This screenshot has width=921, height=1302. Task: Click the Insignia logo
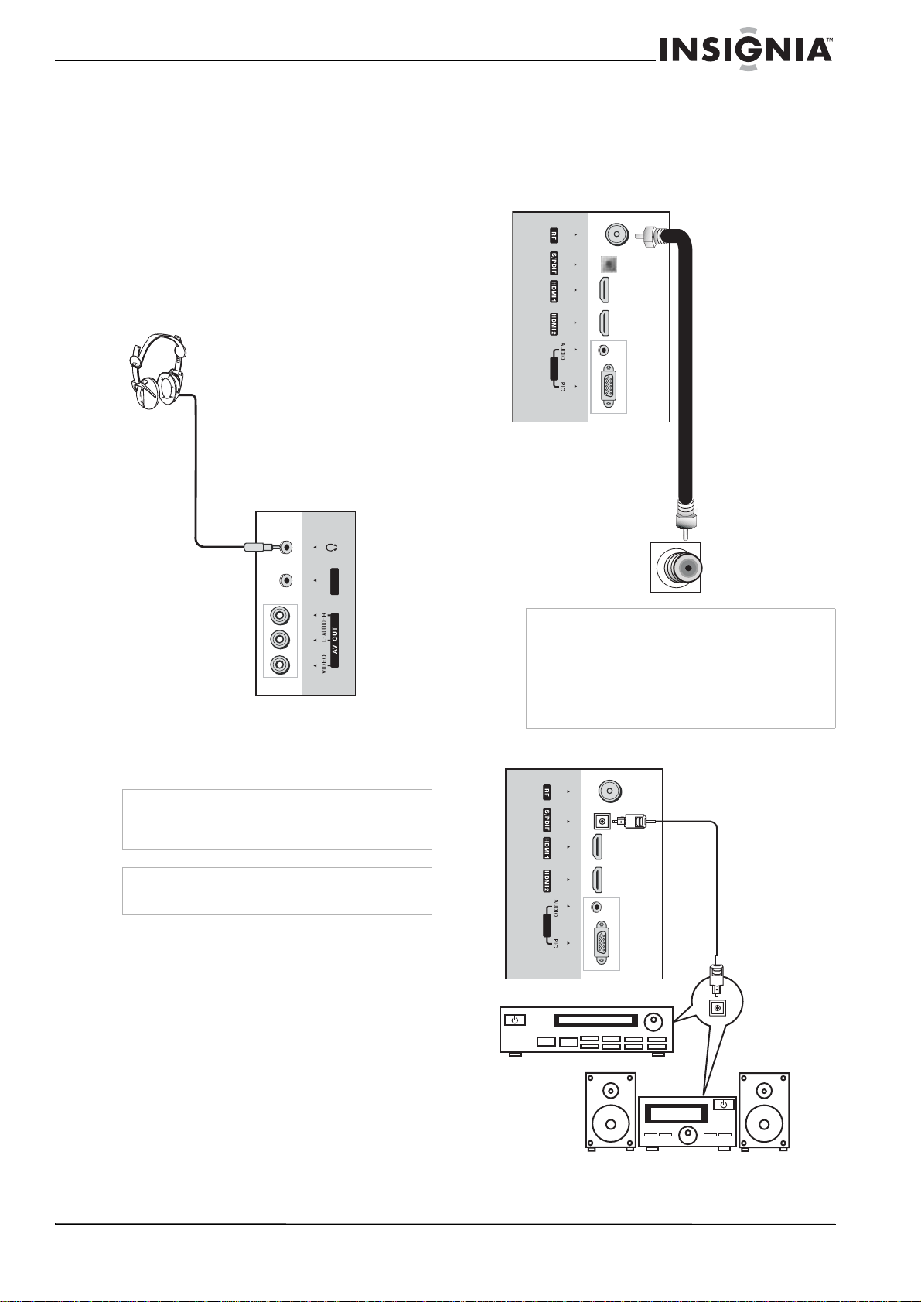746,50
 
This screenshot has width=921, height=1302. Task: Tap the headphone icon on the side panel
333,547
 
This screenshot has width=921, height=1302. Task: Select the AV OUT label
335,640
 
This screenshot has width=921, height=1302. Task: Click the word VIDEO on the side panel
324,665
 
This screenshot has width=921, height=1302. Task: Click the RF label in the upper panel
554,235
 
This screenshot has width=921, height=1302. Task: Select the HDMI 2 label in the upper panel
554,323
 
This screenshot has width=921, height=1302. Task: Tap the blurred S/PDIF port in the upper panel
609,265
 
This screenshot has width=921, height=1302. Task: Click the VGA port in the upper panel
609,384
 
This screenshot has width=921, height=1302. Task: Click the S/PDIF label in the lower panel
547,820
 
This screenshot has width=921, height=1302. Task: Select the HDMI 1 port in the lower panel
597,847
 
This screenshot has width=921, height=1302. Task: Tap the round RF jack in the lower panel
609,791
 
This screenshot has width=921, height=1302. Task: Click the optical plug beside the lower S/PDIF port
630,822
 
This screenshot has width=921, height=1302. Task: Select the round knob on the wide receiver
653,1021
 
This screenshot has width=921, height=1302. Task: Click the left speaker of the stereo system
610,1111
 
